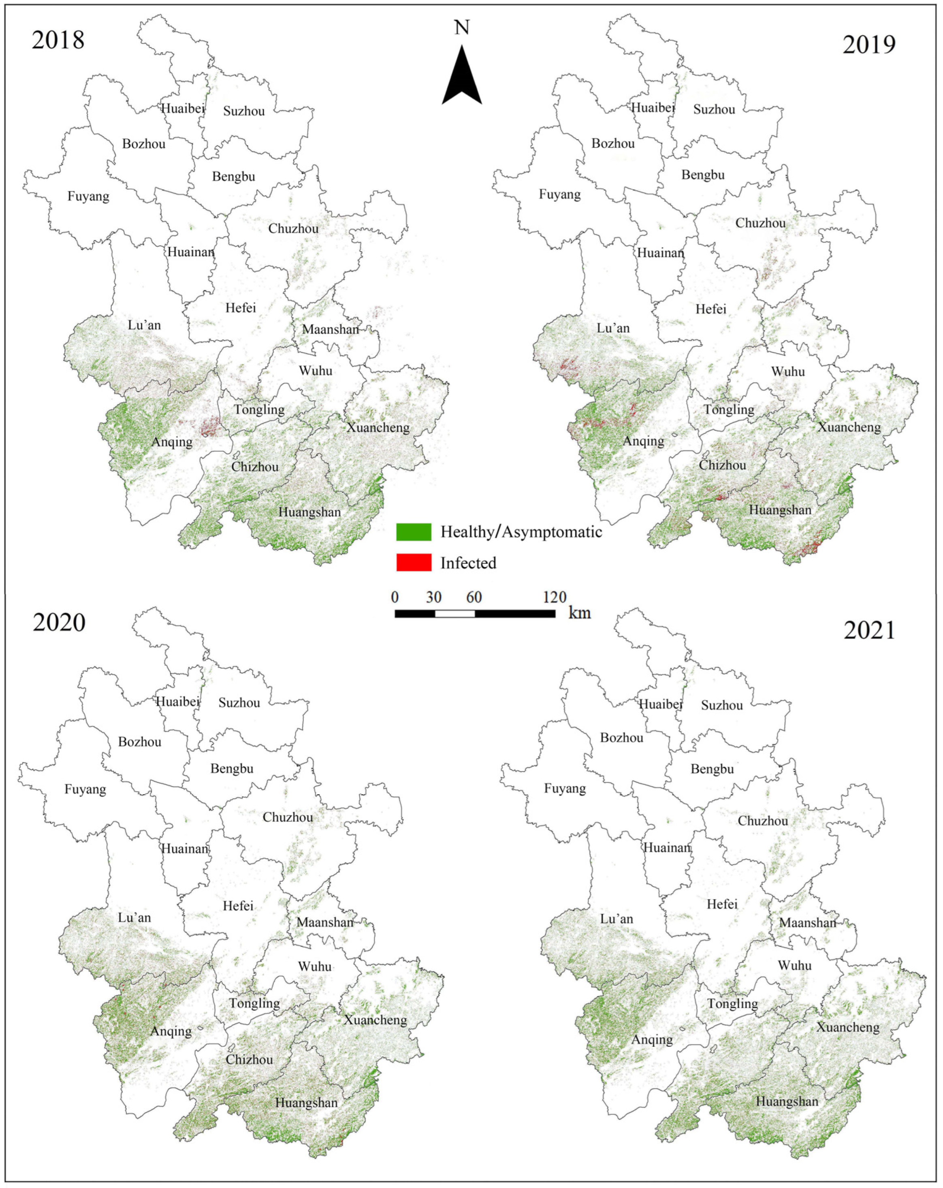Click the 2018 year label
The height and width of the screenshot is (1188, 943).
58,40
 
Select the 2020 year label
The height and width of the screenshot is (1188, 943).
59,622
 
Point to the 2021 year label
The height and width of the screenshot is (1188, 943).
869,630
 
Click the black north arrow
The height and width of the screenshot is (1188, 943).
462,77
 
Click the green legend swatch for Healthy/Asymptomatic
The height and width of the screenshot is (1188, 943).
413,532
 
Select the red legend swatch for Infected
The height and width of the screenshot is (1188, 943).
413,563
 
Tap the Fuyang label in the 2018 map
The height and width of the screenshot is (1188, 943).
88,196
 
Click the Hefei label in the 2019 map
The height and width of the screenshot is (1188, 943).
710,309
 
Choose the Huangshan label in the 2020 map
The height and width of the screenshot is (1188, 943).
306,1102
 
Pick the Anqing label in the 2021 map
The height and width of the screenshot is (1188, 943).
652,1040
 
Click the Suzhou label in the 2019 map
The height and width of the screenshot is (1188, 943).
714,109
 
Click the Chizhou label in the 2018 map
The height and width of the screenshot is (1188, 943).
255,467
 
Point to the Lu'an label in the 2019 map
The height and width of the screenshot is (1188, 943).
613,328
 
